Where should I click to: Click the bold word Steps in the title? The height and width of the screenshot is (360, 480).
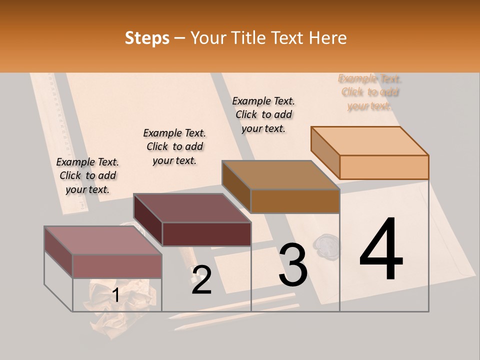click(147, 38)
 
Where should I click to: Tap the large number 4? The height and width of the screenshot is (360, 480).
click(381, 250)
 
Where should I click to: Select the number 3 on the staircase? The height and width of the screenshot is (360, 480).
click(293, 265)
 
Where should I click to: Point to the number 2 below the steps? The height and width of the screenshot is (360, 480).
click(201, 280)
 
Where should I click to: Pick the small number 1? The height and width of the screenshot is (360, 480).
click(115, 295)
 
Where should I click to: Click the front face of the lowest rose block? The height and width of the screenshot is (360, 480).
click(117, 266)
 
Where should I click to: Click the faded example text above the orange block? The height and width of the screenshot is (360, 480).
click(370, 92)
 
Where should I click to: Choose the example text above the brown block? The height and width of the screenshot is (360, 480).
click(263, 114)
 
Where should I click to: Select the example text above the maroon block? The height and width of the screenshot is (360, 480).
click(174, 146)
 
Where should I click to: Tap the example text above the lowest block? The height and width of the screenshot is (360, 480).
click(87, 175)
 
